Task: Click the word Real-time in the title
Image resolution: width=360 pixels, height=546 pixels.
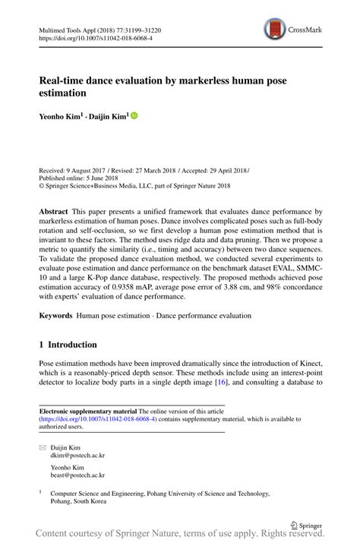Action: [62, 79]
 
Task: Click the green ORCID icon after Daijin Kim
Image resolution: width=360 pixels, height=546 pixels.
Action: [134, 116]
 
